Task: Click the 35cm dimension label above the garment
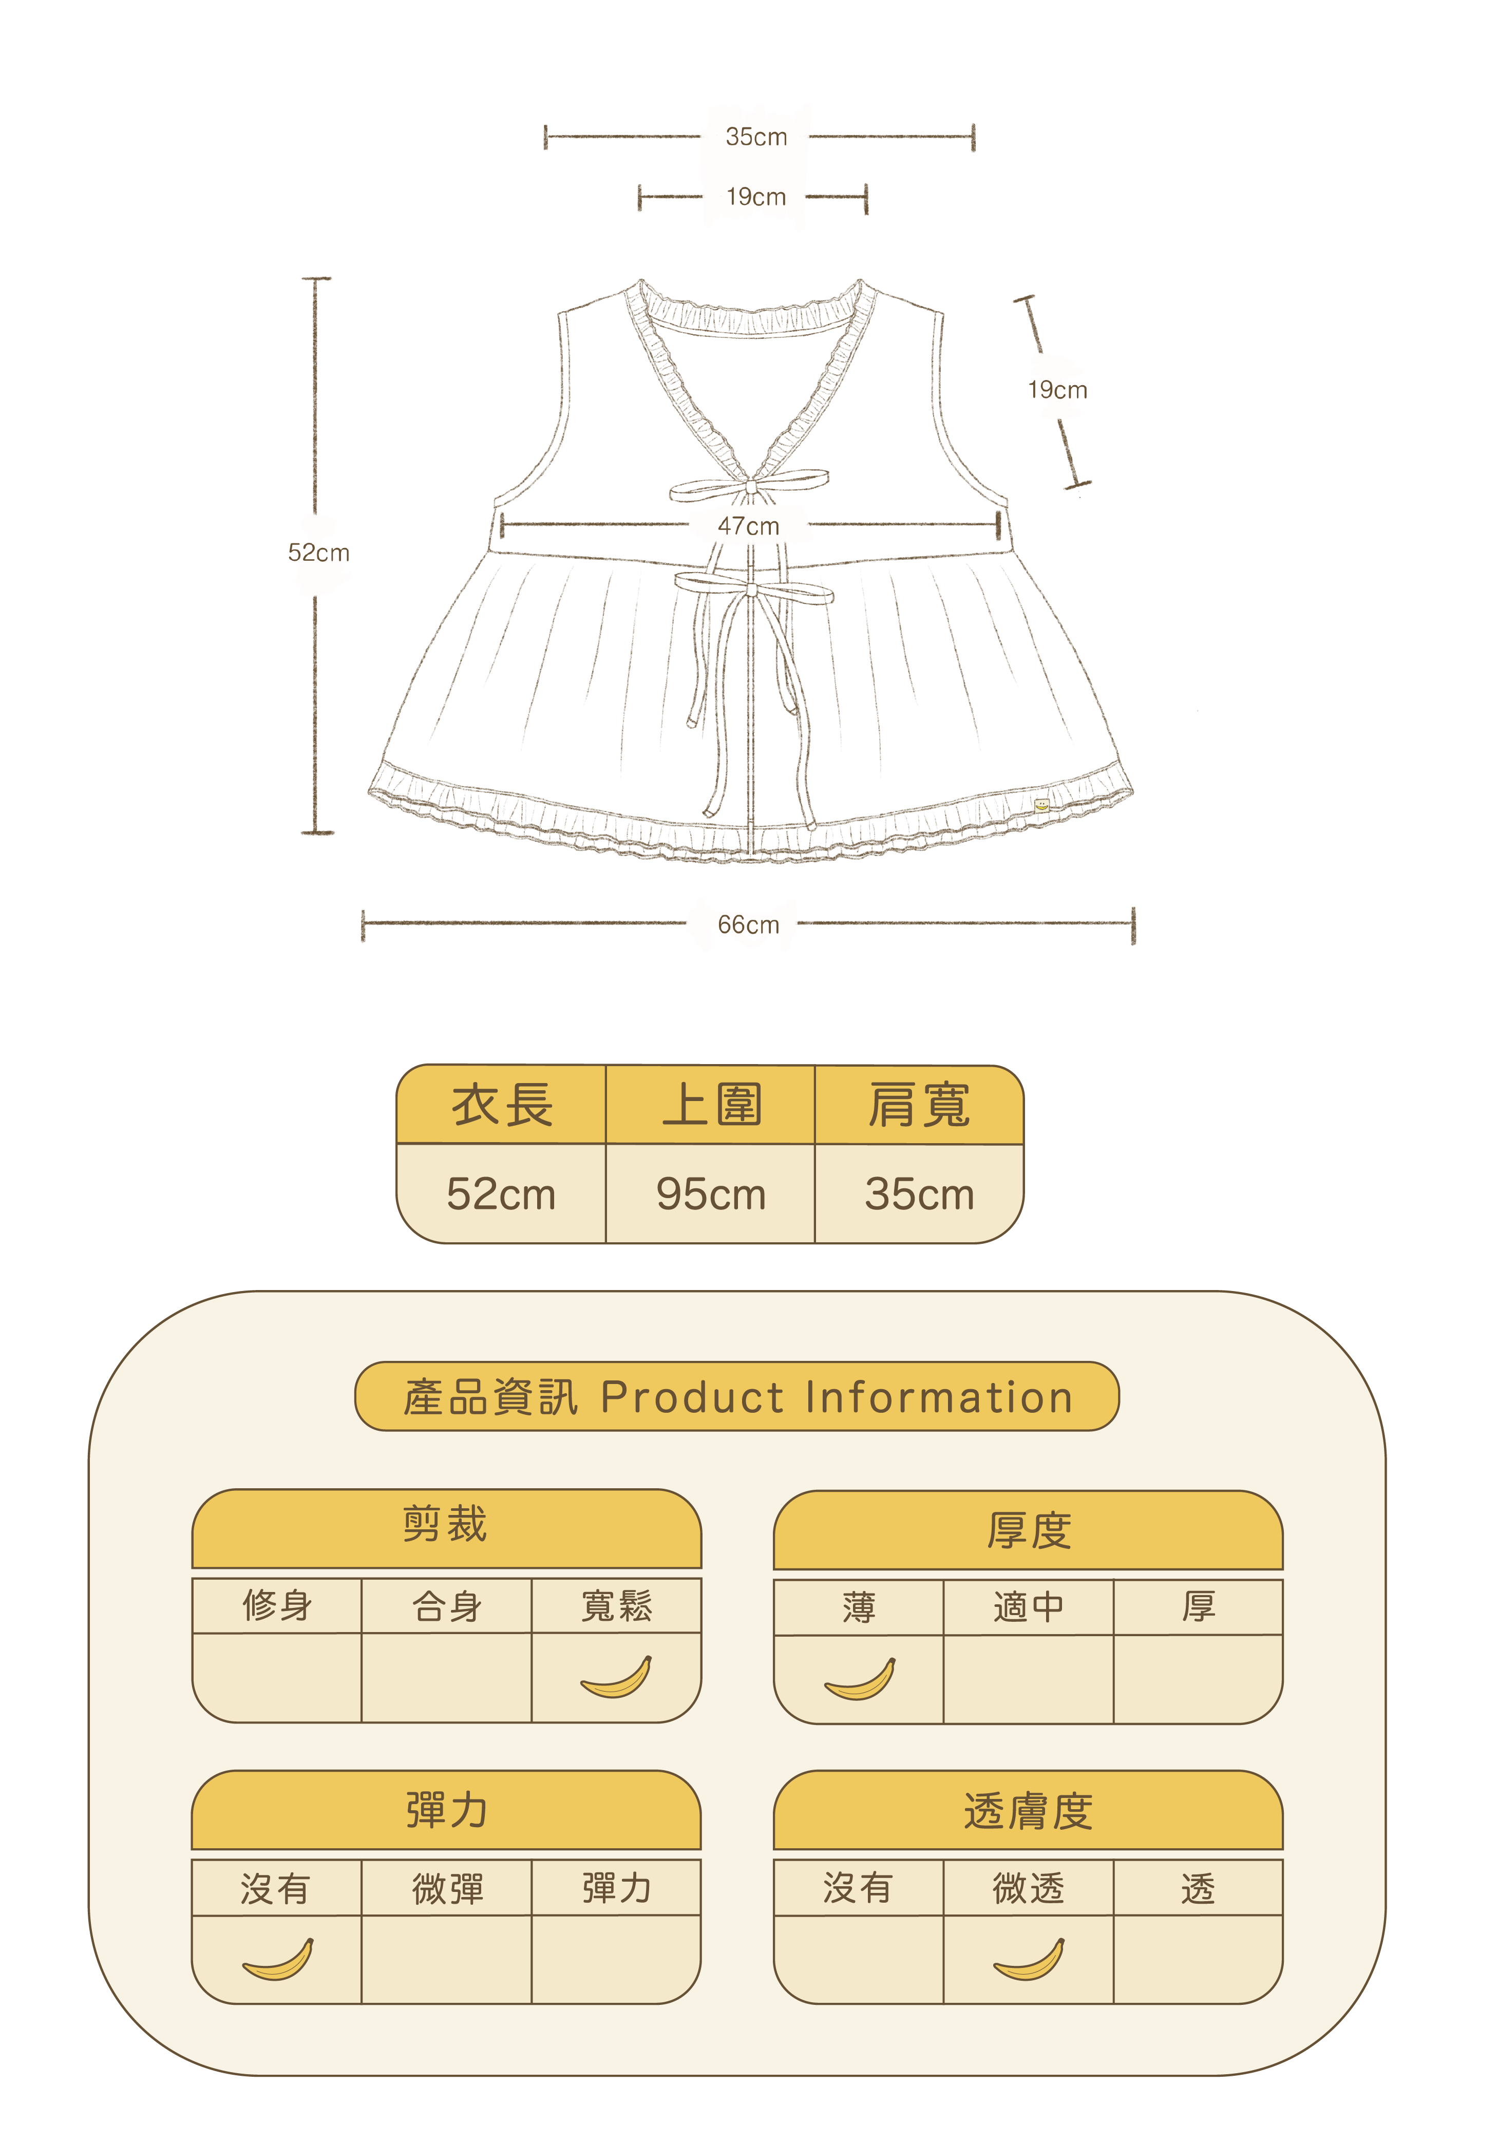click(x=755, y=137)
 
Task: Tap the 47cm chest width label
click(x=748, y=526)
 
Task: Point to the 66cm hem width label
click(x=748, y=924)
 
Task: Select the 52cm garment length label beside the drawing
click(x=318, y=553)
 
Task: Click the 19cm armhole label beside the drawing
click(x=1057, y=390)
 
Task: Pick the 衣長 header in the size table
click(x=502, y=1106)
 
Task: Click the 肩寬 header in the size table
click(x=919, y=1106)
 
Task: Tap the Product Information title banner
click(x=737, y=1397)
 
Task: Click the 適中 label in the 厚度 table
click(x=1028, y=1606)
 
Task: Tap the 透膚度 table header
click(x=1028, y=1811)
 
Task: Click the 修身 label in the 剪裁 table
click(x=277, y=1605)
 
